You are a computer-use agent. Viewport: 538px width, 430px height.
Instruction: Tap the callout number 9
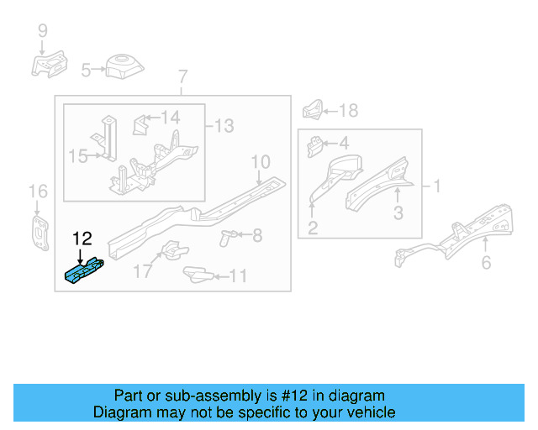tap(42, 32)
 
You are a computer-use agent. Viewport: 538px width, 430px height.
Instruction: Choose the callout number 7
tap(182, 79)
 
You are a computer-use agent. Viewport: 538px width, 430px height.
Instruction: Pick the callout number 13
tap(224, 126)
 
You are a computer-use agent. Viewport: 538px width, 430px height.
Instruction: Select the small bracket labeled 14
tap(140, 125)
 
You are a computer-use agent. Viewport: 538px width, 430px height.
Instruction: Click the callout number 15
tap(77, 155)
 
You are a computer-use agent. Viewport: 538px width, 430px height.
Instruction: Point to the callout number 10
tap(260, 161)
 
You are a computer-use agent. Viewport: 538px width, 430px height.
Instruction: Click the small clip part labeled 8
tap(226, 237)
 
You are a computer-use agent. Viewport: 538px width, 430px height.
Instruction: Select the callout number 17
tap(141, 271)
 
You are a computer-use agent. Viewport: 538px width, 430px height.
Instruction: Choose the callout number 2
tap(312, 228)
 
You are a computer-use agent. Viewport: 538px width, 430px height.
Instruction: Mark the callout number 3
tap(398, 213)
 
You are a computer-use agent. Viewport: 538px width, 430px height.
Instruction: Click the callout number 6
tap(486, 263)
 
